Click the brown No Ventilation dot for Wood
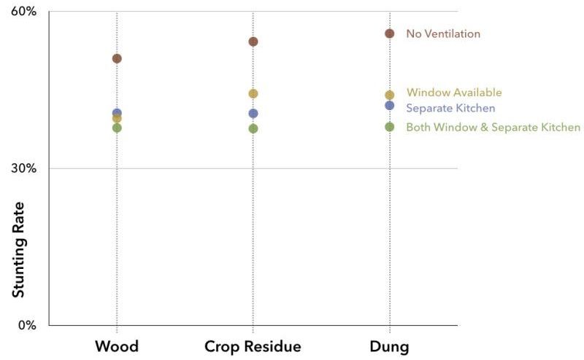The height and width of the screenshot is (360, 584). click(117, 58)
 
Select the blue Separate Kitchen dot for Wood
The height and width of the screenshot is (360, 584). click(117, 113)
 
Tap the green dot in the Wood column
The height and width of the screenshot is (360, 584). click(117, 128)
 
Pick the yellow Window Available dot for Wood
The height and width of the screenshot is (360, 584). click(117, 119)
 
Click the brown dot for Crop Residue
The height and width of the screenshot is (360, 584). click(253, 42)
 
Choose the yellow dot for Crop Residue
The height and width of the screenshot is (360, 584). click(253, 93)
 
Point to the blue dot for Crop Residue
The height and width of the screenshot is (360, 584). click(253, 113)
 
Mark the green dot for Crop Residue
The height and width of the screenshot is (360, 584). click(253, 128)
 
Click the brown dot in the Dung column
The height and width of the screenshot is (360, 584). click(390, 34)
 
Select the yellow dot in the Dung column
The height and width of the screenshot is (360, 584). click(390, 95)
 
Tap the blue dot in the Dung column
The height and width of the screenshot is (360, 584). click(390, 106)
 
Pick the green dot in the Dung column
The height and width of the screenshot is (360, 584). click(390, 127)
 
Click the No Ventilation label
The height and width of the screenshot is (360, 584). click(443, 34)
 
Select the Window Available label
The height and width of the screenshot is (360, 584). click(454, 93)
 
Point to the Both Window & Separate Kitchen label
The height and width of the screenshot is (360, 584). click(493, 128)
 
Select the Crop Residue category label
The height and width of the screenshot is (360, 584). click(253, 345)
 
